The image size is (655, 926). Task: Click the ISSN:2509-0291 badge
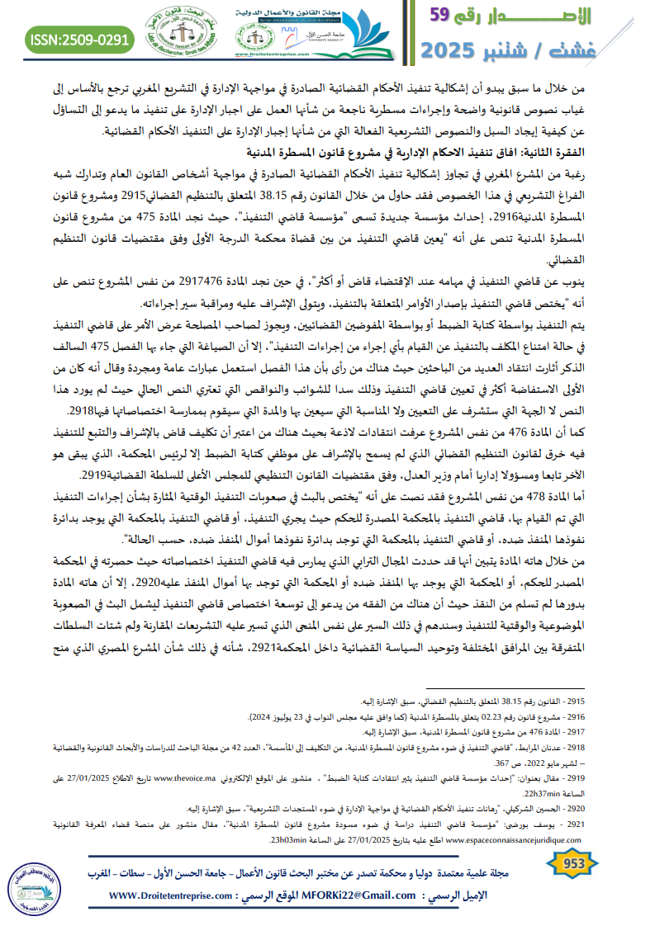tap(80, 39)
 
